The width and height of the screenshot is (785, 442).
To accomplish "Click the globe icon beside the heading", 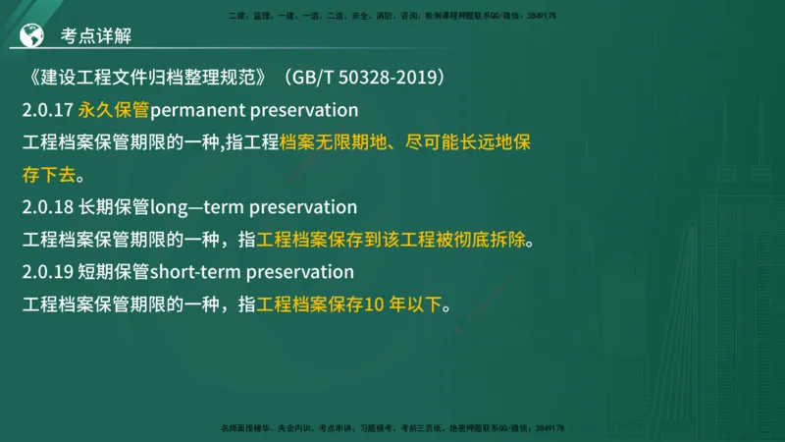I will [32, 36].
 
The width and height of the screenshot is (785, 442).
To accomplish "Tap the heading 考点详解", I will [96, 36].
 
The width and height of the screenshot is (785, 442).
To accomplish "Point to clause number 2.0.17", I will [48, 109].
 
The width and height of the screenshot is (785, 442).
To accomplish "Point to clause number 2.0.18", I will [48, 207].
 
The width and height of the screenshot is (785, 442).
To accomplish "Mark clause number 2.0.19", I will [48, 271].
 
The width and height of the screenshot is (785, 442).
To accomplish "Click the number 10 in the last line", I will [374, 304].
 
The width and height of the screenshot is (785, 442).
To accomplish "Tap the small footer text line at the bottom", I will [392, 428].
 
